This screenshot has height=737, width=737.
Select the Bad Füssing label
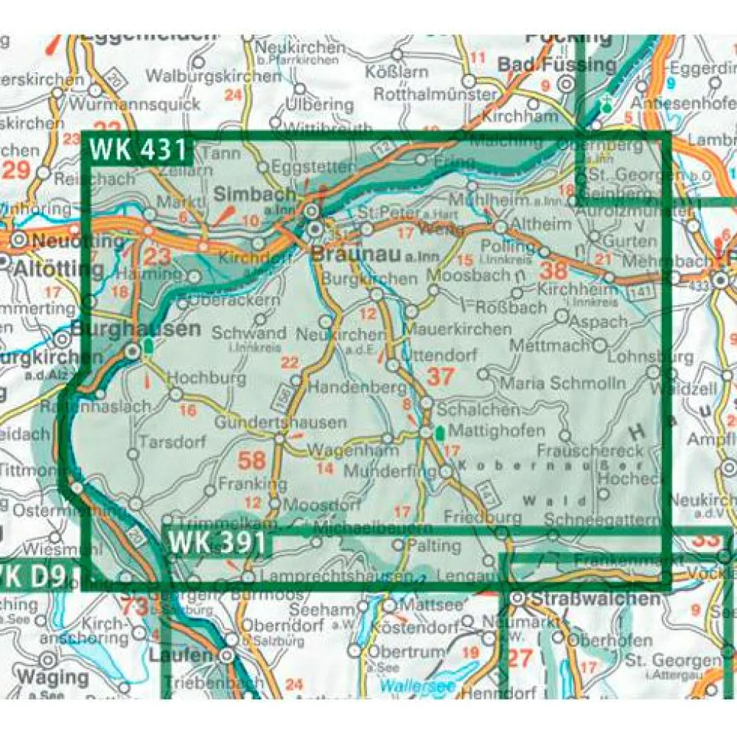click(556, 65)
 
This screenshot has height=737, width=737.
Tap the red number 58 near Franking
click(251, 461)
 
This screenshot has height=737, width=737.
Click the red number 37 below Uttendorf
click(440, 377)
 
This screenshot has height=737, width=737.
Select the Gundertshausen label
click(280, 423)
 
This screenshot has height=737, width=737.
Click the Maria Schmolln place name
click(562, 383)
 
